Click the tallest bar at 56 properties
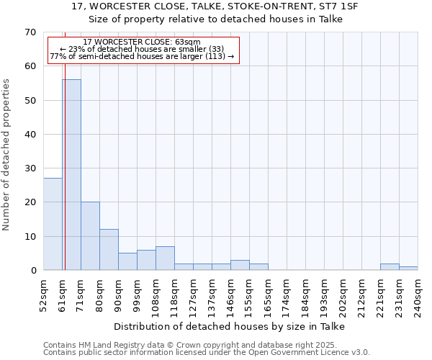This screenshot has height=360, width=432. [71, 175]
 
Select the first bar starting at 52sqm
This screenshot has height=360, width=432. [53, 224]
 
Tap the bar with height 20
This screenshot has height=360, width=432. [90, 236]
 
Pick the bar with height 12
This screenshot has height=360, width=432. [109, 250]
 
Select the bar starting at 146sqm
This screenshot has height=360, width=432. [240, 265]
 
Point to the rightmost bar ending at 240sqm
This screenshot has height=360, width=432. [408, 269]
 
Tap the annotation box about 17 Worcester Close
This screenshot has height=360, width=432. [143, 49]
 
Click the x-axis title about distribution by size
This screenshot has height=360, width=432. [230, 327]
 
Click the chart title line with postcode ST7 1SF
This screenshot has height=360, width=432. [215, 6]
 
